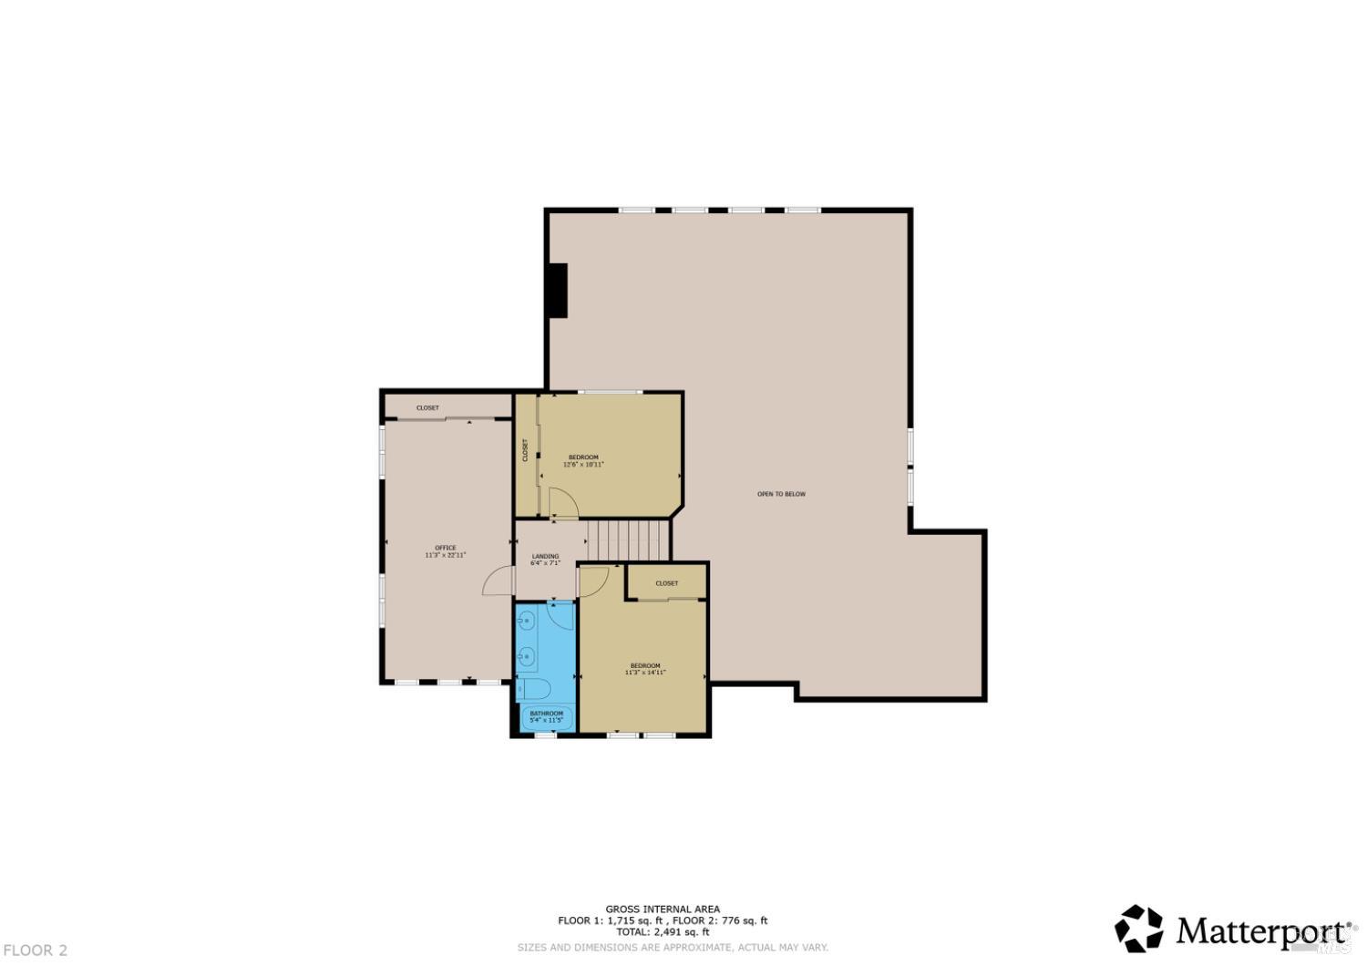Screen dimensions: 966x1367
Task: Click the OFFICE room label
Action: point(445,548)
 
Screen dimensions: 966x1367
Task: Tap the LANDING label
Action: point(545,556)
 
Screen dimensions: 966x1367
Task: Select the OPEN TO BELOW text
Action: point(781,494)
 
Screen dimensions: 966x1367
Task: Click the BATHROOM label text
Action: point(547,714)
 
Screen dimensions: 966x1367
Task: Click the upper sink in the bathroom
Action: point(526,622)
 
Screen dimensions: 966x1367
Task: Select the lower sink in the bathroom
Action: point(526,655)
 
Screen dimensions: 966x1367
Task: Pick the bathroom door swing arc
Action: point(561,613)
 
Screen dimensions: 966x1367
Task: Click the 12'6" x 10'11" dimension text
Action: point(583,465)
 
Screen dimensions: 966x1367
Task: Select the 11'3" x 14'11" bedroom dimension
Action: point(645,673)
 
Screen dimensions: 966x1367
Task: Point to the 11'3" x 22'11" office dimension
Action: point(445,555)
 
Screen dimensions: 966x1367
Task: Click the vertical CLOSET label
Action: point(525,450)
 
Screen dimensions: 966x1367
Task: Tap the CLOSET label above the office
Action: point(427,407)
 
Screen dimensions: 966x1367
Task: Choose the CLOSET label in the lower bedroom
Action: point(666,583)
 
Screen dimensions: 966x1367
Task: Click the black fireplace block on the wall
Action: point(557,291)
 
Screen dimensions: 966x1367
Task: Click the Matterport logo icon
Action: point(1139,929)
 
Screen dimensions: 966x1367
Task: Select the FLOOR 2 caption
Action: point(35,951)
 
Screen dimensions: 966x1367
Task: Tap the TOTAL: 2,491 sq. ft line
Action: point(663,931)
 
